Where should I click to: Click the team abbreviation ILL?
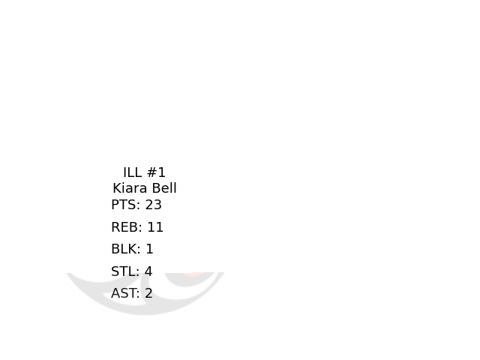pyautogui.click(x=133, y=172)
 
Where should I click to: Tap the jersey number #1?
pyautogui.click(x=157, y=172)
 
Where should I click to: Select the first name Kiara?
pyautogui.click(x=129, y=188)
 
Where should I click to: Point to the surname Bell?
pyautogui.click(x=163, y=188)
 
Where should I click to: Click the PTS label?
pyautogui.click(x=124, y=205)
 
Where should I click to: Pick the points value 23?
pyautogui.click(x=154, y=205)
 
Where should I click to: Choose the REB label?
pyautogui.click(x=124, y=227)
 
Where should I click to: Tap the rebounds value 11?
pyautogui.click(x=155, y=227)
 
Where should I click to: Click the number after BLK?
pyautogui.click(x=150, y=249)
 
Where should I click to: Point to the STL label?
pyautogui.click(x=124, y=271)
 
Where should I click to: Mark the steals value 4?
pyautogui.click(x=148, y=271)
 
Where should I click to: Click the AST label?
pyautogui.click(x=124, y=293)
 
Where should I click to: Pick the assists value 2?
pyautogui.click(x=148, y=293)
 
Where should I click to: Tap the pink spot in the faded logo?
pyautogui.click(x=193, y=274)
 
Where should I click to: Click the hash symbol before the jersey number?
pyautogui.click(x=152, y=172)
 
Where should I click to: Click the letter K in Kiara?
pyautogui.click(x=117, y=188)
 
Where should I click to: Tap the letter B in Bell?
pyautogui.click(x=155, y=188)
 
